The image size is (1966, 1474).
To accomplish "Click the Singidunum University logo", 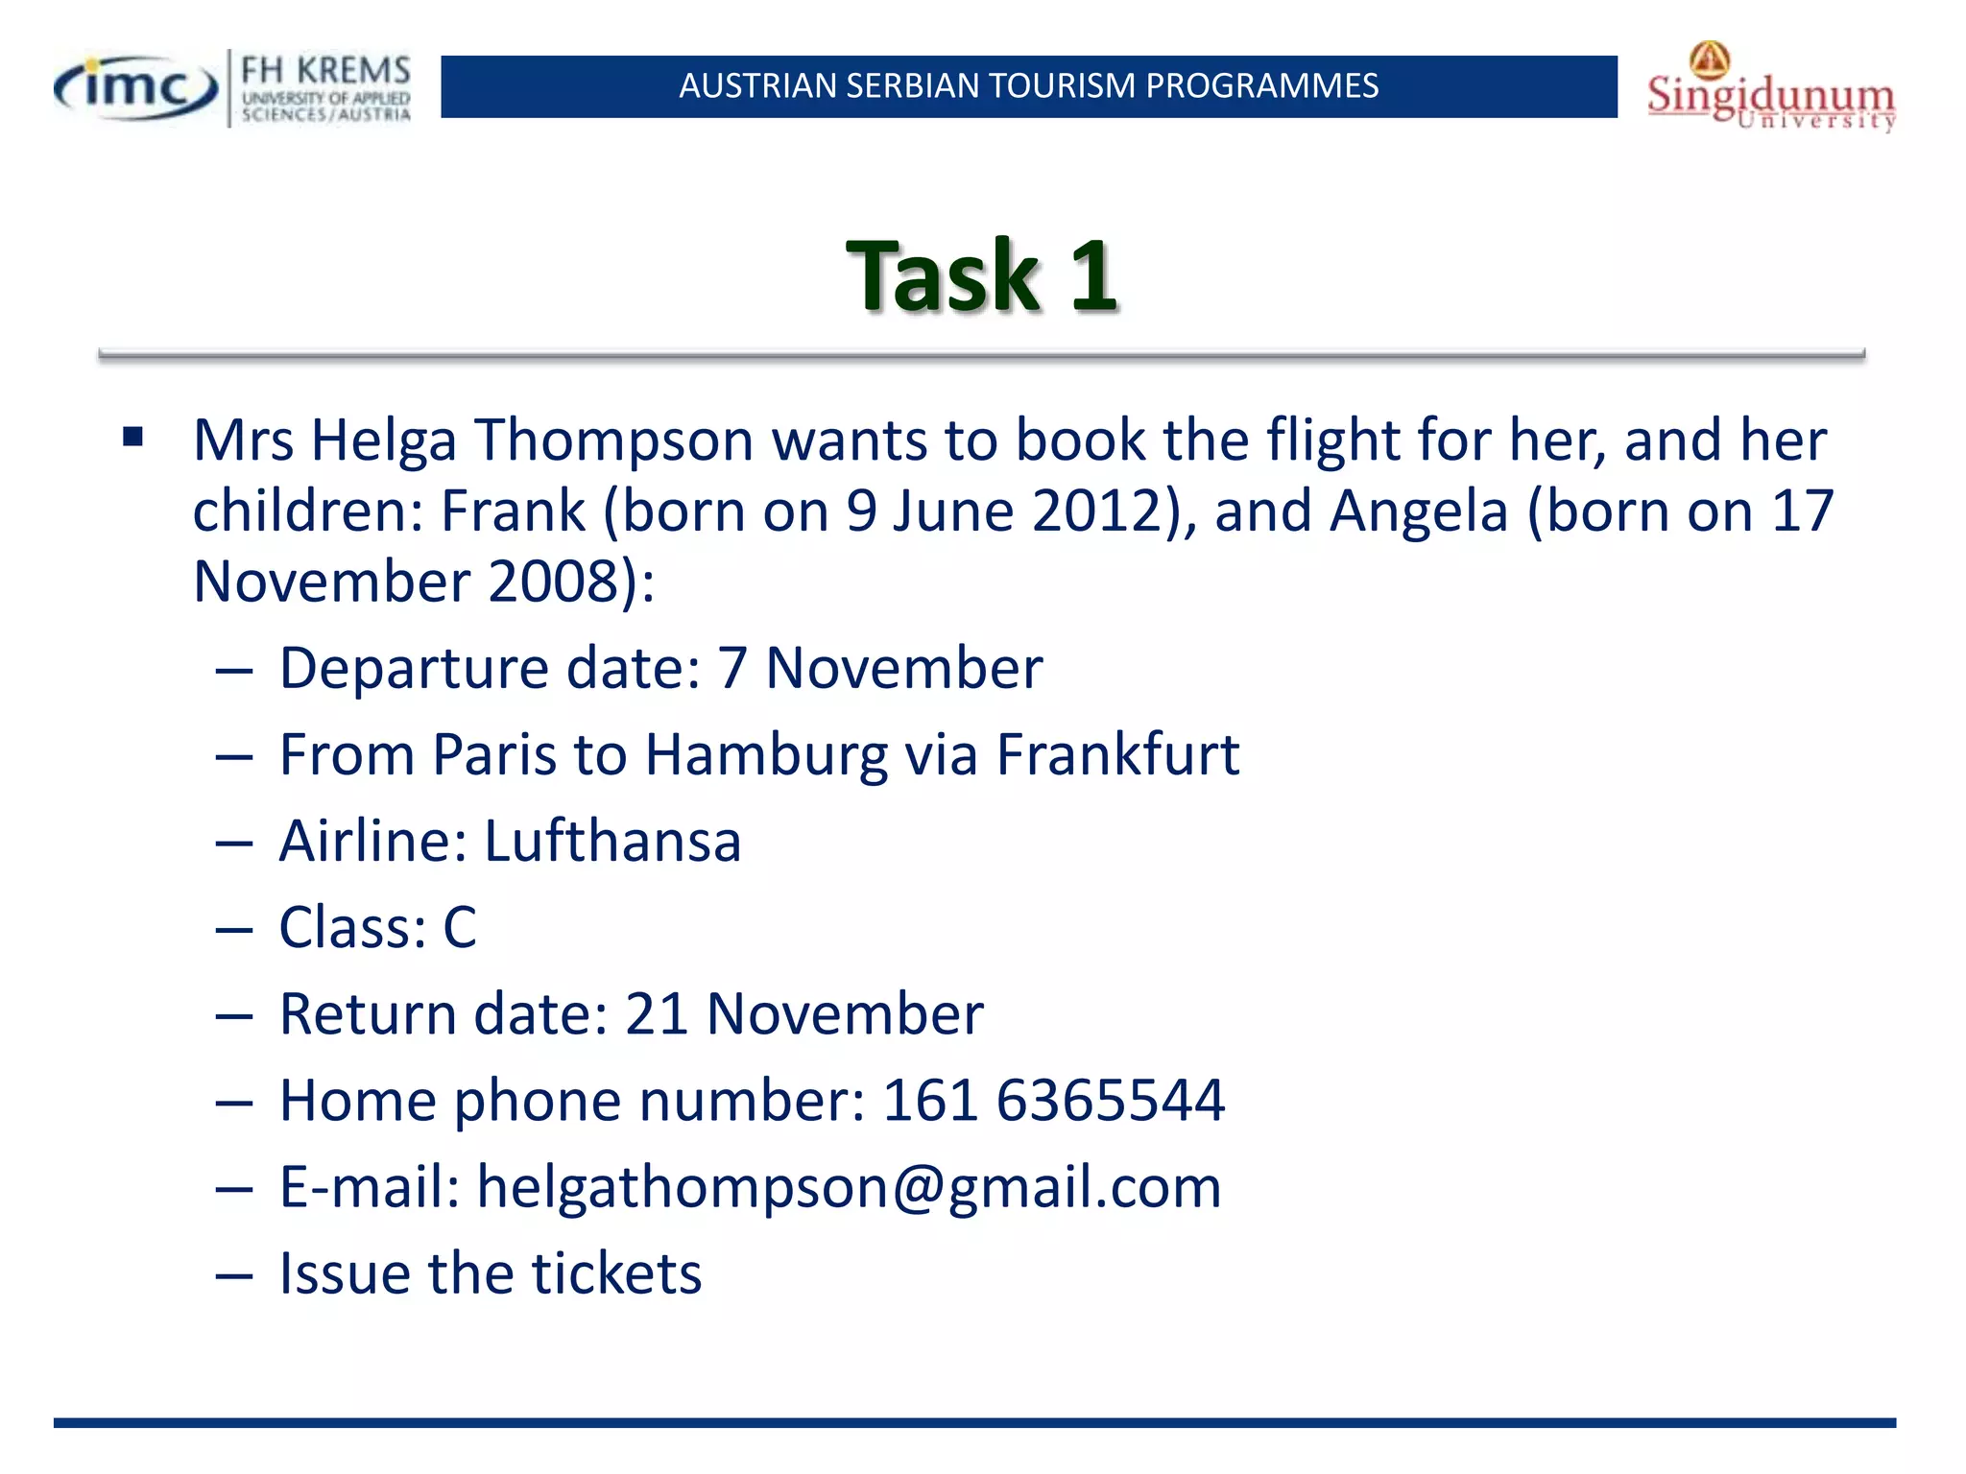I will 1771,89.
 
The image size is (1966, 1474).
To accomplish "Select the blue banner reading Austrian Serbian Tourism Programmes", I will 1028,86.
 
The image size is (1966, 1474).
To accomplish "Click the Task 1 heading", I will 982,276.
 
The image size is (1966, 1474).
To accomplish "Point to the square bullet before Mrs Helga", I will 132,439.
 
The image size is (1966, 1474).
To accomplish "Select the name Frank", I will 513,511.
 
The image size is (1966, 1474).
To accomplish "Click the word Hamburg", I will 766,755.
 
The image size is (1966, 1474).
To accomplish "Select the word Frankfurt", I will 1117,755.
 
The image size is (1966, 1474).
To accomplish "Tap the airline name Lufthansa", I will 612,842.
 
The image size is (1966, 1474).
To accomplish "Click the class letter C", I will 460,928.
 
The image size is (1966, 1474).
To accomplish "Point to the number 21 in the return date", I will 657,1014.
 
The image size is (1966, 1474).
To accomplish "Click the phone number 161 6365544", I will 1053,1101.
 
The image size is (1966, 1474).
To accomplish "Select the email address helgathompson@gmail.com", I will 849,1188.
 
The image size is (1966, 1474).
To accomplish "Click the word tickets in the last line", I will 617,1274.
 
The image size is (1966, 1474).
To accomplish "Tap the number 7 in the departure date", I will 732,669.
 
